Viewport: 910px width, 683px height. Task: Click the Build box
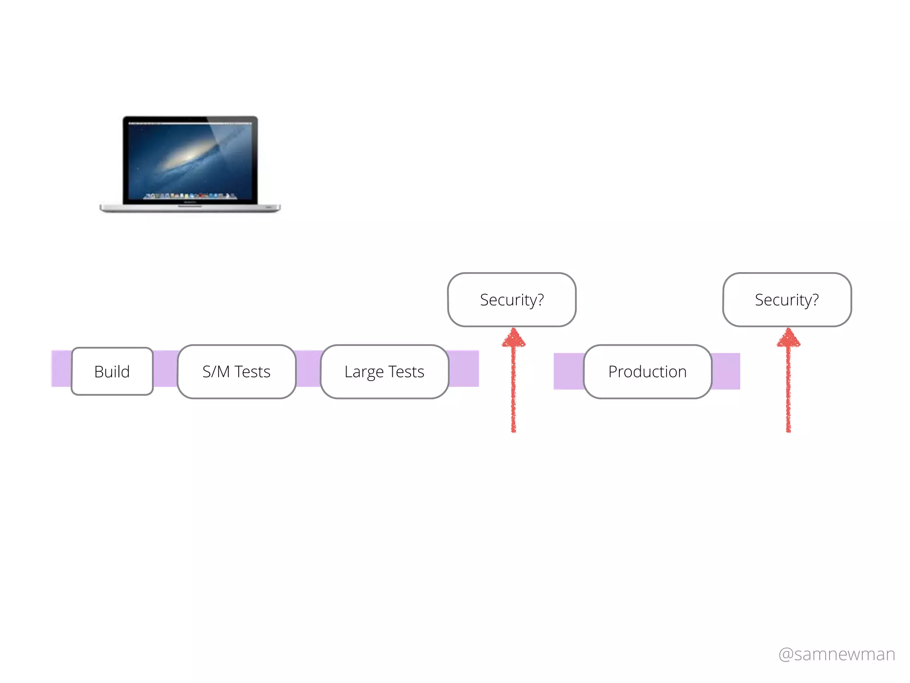[x=112, y=371]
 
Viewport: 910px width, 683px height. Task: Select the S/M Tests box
[x=236, y=371]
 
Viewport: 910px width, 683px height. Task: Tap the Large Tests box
[x=384, y=371]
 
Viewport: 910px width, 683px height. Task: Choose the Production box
[x=647, y=371]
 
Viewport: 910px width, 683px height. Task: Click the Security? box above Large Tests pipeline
[x=512, y=300]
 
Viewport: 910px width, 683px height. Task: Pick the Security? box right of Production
[x=787, y=300]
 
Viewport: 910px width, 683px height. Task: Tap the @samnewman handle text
[x=837, y=654]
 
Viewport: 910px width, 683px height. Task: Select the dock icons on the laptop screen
[x=190, y=196]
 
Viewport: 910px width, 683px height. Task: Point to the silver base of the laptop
[x=190, y=208]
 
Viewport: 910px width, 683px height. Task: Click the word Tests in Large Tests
[x=406, y=371]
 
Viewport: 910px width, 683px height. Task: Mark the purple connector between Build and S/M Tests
[x=165, y=368]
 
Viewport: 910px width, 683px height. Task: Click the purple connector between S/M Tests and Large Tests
[x=308, y=368]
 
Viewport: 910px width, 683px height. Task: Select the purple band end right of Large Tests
[x=463, y=368]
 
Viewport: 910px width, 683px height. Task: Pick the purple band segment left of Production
[x=569, y=371]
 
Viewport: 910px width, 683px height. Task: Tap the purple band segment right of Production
[x=726, y=371]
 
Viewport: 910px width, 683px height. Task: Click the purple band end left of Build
[x=61, y=368]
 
